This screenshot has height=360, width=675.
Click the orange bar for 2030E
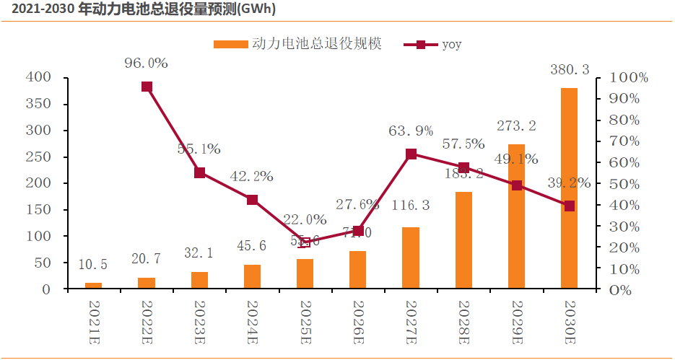tap(569, 188)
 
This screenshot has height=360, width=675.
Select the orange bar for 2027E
tap(410, 258)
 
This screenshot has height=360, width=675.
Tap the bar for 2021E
tap(93, 286)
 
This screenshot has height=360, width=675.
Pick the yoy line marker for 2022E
tap(147, 87)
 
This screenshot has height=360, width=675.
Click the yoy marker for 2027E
tap(411, 154)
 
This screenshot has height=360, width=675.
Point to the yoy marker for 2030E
tap(570, 206)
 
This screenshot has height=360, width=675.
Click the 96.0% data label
tap(146, 63)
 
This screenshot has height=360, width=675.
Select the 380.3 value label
tap(569, 70)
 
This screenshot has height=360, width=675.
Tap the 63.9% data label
tap(411, 131)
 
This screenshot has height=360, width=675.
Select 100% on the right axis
tap(629, 77)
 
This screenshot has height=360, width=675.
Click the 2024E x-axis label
tap(252, 318)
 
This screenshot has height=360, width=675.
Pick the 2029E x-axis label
tap(516, 318)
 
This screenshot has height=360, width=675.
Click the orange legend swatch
tap(230, 45)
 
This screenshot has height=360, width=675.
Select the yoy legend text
tap(451, 45)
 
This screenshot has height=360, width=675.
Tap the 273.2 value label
tap(516, 126)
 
